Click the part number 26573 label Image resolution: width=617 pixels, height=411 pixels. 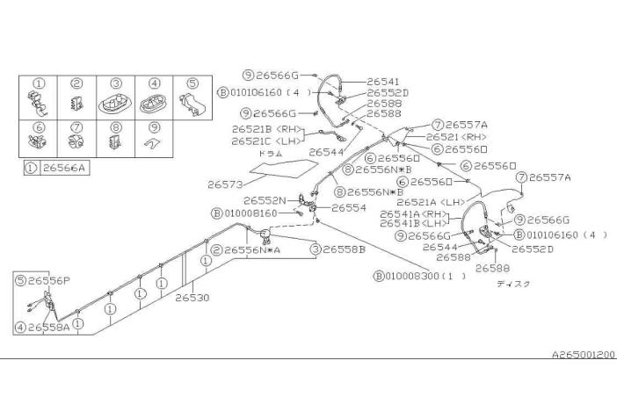pyautogui.click(x=225, y=184)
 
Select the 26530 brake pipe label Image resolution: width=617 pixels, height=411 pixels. pyautogui.click(x=192, y=298)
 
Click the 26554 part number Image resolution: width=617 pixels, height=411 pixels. pyautogui.click(x=348, y=208)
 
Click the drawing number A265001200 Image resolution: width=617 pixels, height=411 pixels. pyautogui.click(x=583, y=354)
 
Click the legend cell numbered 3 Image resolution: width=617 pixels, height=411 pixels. pyautogui.click(x=115, y=96)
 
